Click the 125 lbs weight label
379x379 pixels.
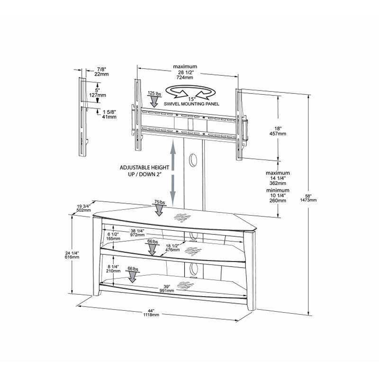pos(154,94)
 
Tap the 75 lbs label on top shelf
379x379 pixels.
pos(159,202)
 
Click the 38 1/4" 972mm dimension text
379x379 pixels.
pos(138,232)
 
